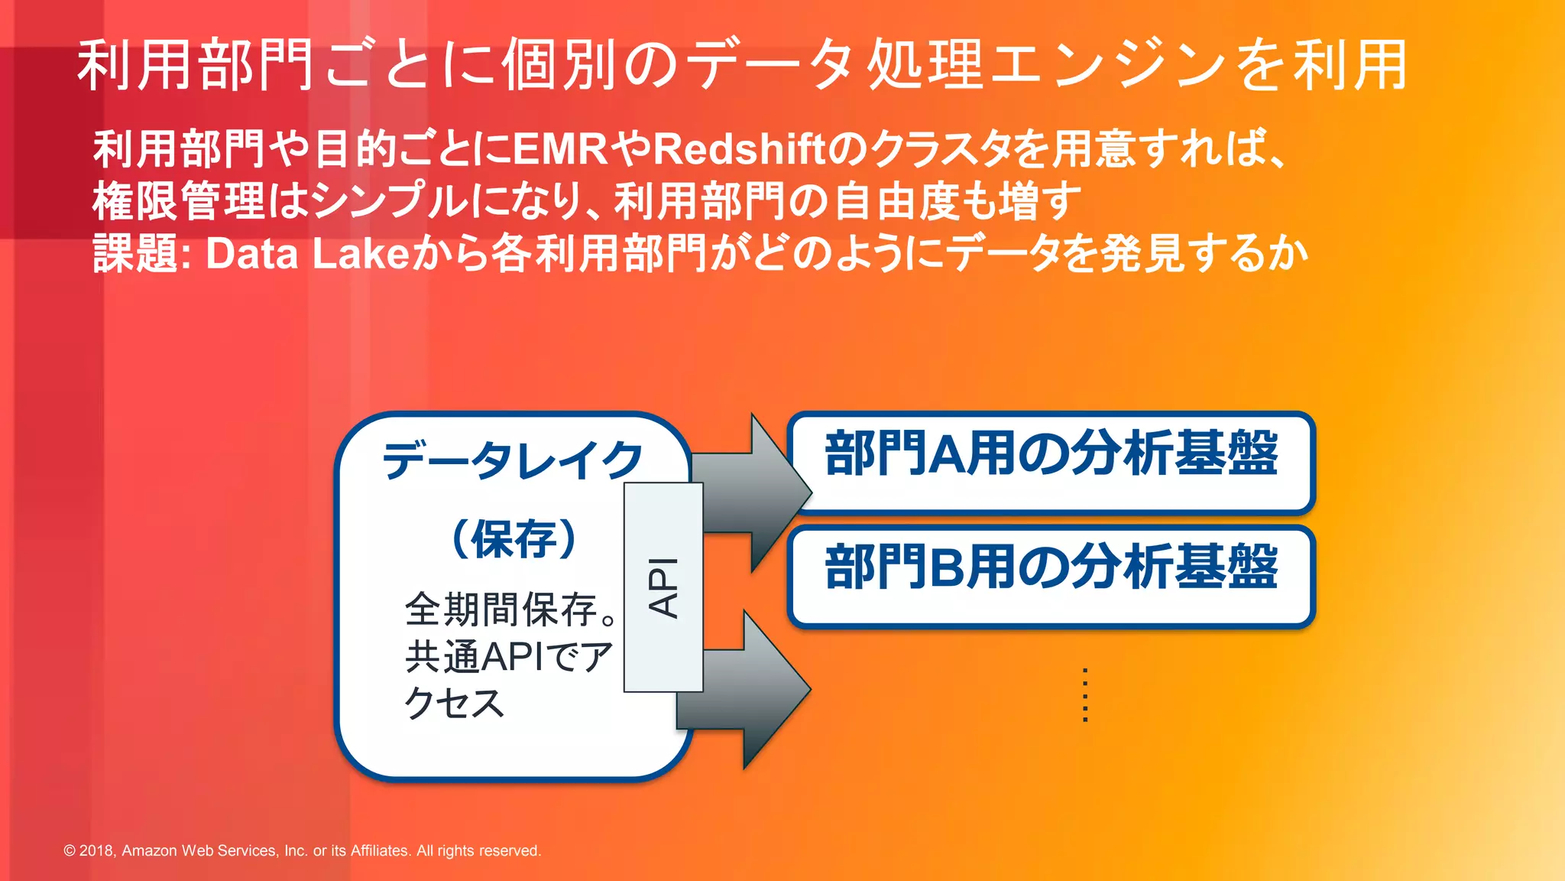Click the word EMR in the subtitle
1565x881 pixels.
point(560,148)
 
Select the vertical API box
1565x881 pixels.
point(663,587)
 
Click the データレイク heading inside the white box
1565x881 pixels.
point(513,460)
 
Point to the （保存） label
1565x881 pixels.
point(514,539)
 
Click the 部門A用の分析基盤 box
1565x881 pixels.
point(1051,462)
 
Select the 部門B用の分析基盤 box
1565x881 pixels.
point(1051,576)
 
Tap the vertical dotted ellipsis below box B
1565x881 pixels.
point(1085,694)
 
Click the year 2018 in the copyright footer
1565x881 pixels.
point(96,850)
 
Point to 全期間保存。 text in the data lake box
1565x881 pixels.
point(510,610)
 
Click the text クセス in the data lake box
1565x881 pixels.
point(454,703)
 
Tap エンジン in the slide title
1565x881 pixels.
point(1108,65)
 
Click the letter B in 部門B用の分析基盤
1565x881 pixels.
point(950,567)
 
